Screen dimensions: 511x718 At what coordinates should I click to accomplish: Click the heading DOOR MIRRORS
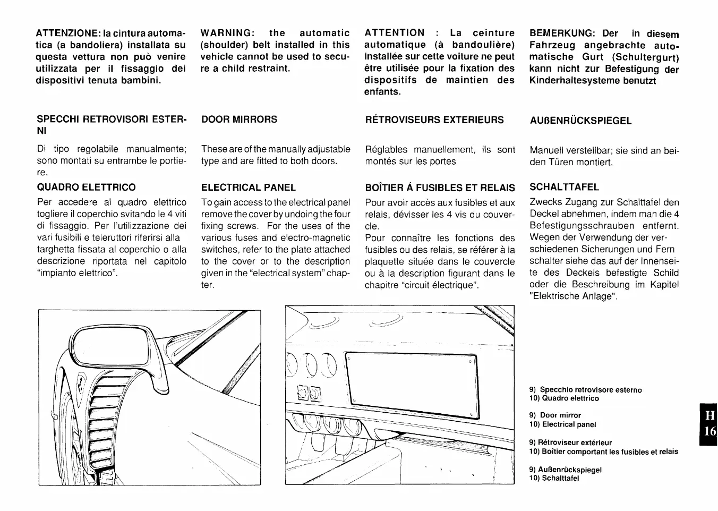tap(239, 120)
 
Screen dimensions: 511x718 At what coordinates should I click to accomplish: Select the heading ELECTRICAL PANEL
tap(249, 188)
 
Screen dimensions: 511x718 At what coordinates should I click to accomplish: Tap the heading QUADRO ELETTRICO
tap(86, 188)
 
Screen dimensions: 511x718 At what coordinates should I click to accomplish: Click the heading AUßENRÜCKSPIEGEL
tap(580, 121)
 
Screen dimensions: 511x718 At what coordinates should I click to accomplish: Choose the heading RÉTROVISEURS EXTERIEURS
tap(434, 120)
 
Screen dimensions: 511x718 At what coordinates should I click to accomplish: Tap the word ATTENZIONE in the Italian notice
tap(67, 33)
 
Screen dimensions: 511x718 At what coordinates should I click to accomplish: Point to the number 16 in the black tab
tap(710, 431)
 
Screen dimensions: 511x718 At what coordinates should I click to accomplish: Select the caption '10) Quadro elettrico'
tap(563, 398)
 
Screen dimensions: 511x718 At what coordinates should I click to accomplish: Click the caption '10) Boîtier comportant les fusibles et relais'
tap(603, 452)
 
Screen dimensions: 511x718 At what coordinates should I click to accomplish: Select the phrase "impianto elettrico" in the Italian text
tap(75, 273)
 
